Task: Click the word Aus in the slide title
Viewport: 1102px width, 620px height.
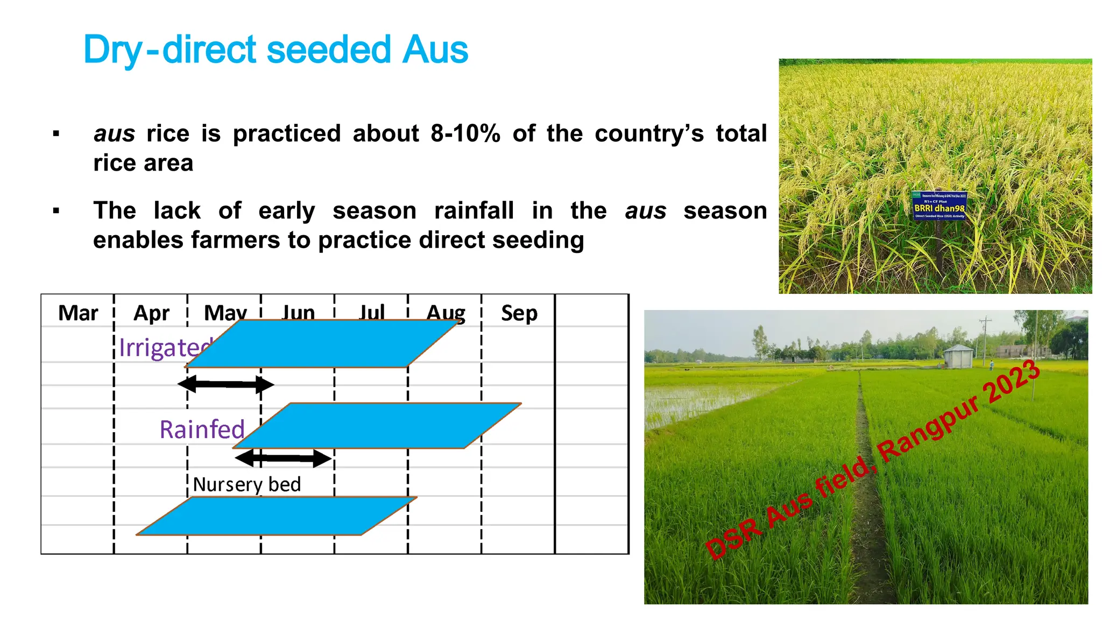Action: (x=435, y=50)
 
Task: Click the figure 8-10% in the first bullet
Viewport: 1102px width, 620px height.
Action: (x=465, y=133)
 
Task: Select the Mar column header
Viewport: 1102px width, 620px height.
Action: (x=78, y=313)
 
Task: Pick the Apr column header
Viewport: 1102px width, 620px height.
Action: (x=151, y=313)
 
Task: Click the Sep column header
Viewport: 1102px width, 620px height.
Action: (x=519, y=313)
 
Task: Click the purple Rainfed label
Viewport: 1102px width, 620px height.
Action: (x=202, y=429)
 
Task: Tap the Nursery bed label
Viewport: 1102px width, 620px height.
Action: (x=246, y=484)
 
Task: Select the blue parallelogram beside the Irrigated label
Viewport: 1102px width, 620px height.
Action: (x=323, y=344)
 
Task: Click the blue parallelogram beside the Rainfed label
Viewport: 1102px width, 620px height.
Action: (x=377, y=426)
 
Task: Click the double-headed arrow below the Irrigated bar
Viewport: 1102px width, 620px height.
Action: (x=225, y=384)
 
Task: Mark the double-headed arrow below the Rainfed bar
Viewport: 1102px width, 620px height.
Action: (x=283, y=459)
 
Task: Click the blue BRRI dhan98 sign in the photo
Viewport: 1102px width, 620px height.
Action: (x=939, y=206)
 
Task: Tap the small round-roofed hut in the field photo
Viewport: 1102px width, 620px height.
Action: (x=958, y=356)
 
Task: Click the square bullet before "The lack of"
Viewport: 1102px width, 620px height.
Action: (x=56, y=210)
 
